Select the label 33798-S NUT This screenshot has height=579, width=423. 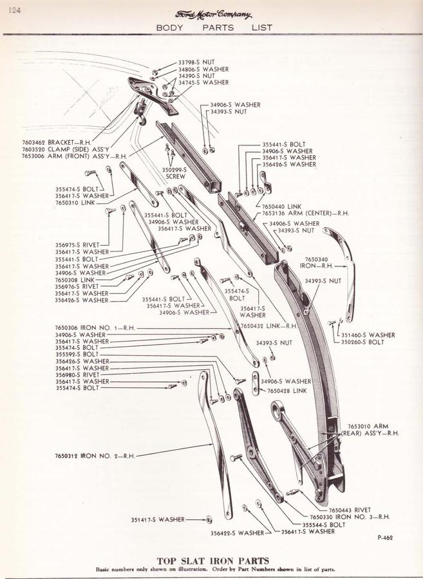coord(196,62)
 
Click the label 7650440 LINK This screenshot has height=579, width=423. coord(278,207)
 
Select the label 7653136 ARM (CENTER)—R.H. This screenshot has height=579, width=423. coord(305,214)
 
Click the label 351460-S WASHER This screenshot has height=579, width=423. coord(368,335)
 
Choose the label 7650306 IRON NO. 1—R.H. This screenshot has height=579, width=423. coord(95,327)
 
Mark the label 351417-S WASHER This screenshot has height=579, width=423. coord(158,519)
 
